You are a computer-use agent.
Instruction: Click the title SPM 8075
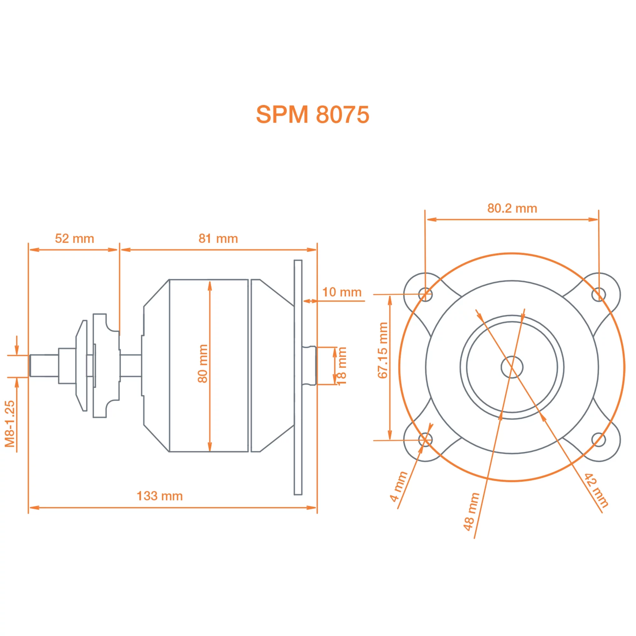tap(312, 114)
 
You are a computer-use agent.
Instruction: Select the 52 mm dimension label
tap(74, 238)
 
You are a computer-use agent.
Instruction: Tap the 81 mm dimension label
tap(218, 238)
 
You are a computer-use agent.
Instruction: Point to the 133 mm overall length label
tap(159, 496)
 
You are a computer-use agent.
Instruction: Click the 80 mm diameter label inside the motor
tap(203, 363)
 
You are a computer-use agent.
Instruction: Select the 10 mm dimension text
tap(342, 292)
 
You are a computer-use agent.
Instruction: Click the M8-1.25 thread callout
tap(10, 424)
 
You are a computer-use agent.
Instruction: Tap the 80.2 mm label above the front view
tap(512, 208)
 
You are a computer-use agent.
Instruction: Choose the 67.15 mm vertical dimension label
tap(383, 350)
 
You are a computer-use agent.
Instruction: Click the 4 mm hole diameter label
tap(399, 487)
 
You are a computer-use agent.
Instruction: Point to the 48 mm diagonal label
tap(471, 512)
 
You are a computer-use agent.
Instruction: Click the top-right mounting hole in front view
tap(598, 294)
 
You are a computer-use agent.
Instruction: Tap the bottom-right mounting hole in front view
tap(598, 439)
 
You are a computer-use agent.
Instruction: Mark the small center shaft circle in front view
tap(512, 367)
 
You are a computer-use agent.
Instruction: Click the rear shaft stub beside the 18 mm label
tap(309, 365)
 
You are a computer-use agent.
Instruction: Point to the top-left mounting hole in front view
tap(425, 294)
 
